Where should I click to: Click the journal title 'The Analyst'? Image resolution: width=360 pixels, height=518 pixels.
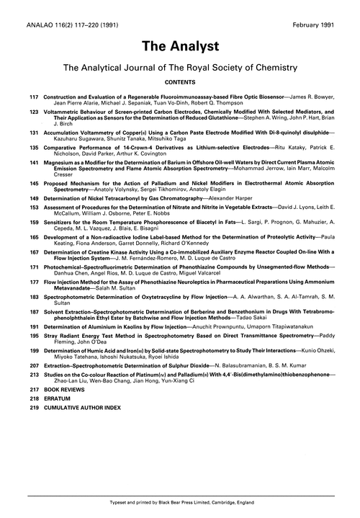tap(179, 44)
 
